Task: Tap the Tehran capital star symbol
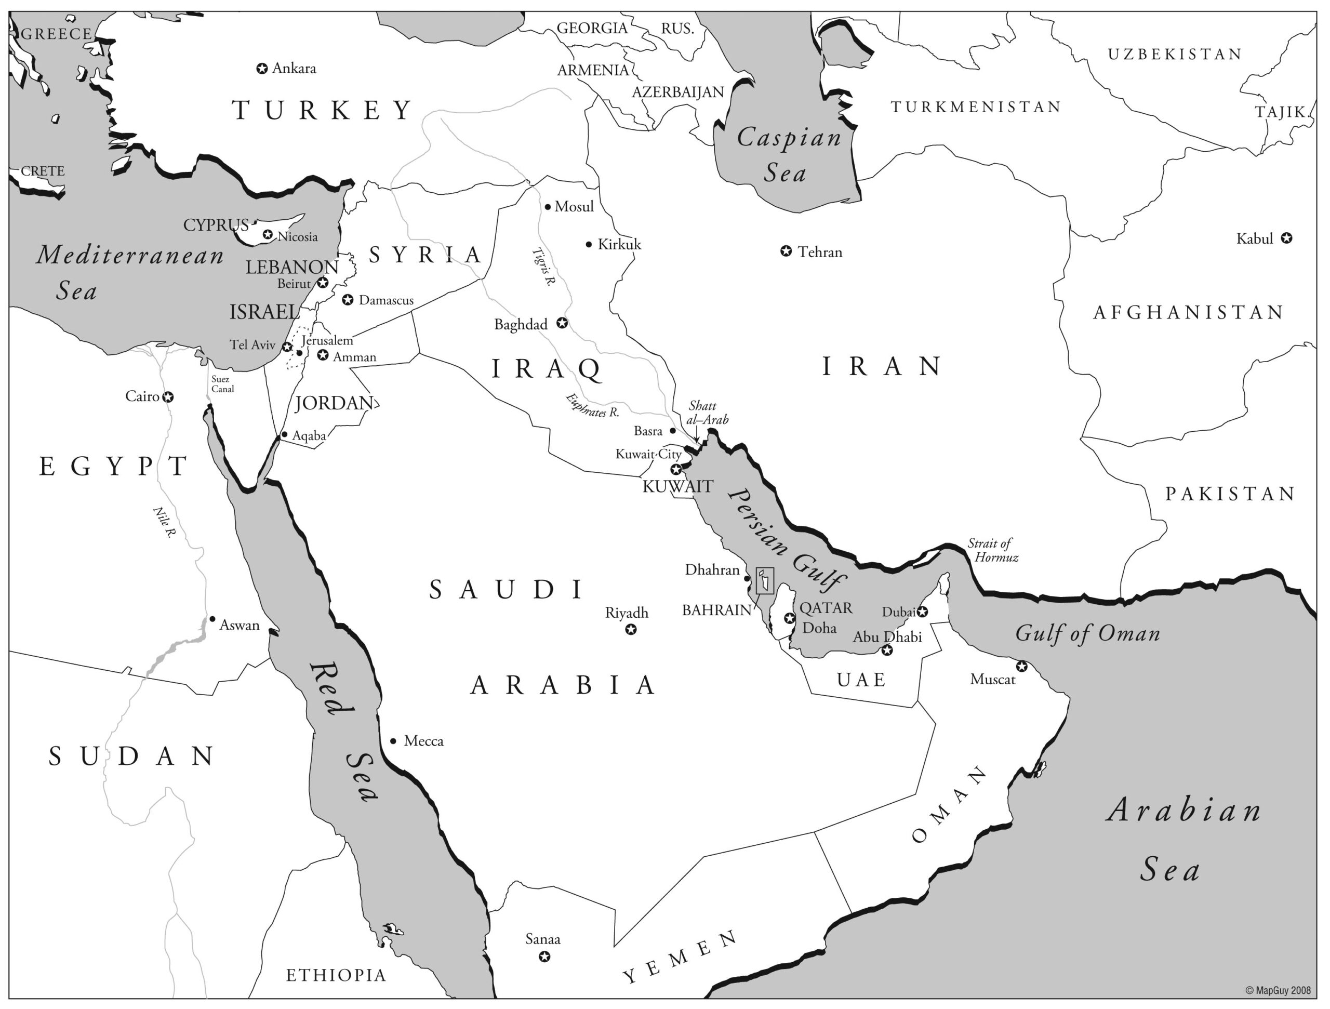click(786, 251)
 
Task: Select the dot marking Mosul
click(548, 207)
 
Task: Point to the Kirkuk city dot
click(589, 244)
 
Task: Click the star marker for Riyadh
click(631, 630)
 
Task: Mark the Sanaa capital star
click(544, 956)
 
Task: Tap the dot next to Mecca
click(393, 741)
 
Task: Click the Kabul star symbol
click(1286, 238)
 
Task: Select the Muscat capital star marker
click(1021, 666)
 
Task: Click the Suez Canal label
click(222, 383)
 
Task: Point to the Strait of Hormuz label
click(993, 550)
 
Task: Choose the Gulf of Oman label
click(1087, 633)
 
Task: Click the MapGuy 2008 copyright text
click(1277, 990)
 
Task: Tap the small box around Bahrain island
click(764, 581)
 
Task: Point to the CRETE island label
click(43, 171)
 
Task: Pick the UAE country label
click(861, 680)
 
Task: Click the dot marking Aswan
click(212, 619)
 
